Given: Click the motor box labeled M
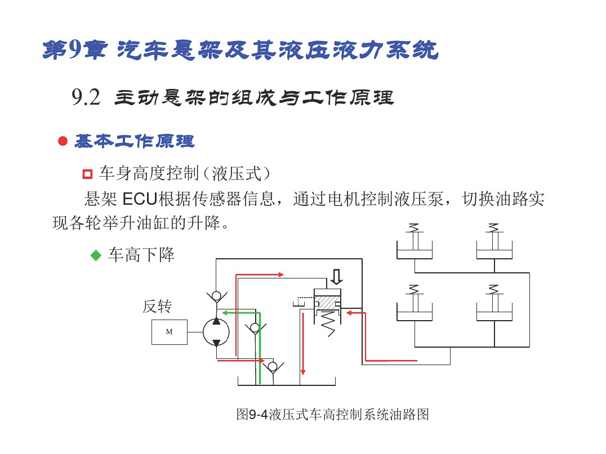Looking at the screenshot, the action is [170, 332].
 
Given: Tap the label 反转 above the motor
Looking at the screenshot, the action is [157, 307].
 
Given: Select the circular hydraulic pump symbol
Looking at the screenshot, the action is [216, 332].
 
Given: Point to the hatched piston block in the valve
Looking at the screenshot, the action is [327, 302].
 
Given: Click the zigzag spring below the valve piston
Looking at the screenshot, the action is [328, 323].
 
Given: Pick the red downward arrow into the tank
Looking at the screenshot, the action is [303, 344].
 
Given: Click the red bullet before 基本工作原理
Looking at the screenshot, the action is [63, 141].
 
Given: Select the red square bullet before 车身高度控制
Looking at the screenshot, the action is [88, 174].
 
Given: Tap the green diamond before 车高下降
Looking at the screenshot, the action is [96, 255].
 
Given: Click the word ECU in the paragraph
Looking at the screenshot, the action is [140, 199].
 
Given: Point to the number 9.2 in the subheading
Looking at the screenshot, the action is [86, 97].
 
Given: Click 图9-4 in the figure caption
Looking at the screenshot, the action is [252, 415].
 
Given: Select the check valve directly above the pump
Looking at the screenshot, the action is [216, 296].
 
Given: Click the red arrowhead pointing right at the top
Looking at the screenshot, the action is [281, 275].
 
